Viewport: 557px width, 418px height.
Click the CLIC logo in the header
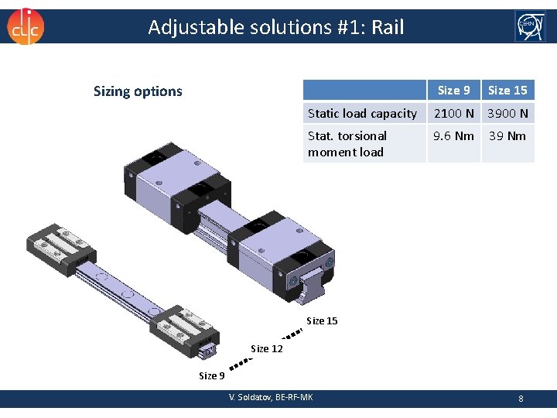[26, 26]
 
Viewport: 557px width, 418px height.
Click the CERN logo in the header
[530, 26]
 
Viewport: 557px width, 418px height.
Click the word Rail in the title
[388, 28]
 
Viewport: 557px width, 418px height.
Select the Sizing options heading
[138, 91]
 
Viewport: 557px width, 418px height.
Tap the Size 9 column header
[453, 91]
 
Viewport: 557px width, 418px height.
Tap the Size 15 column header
[507, 91]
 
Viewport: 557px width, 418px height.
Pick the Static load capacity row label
[362, 114]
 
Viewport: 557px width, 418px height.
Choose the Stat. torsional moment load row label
[347, 144]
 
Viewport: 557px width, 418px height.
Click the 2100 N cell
[453, 114]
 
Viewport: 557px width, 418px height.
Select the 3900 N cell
[507, 114]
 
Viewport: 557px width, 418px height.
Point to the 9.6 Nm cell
[453, 136]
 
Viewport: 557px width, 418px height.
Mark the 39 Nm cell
[507, 136]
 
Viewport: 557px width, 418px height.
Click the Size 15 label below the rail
[322, 320]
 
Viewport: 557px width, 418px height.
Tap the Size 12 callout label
[267, 349]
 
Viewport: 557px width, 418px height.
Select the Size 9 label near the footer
[212, 376]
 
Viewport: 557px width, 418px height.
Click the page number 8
[521, 399]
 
